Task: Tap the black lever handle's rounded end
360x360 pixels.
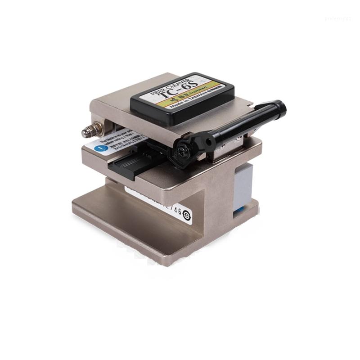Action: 280,107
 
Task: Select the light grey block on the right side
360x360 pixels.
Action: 243,184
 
